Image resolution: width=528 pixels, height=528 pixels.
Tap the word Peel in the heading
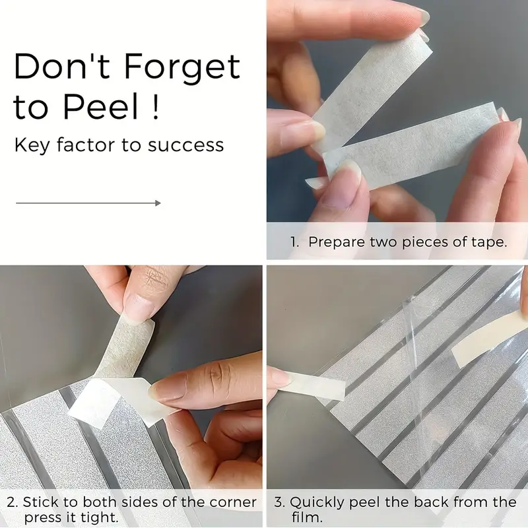click(101, 107)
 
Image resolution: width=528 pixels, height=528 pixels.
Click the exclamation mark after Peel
click(155, 107)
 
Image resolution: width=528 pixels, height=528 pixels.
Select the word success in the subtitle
click(186, 145)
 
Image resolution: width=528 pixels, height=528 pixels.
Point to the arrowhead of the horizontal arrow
click(158, 203)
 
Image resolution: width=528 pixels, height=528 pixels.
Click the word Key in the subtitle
click(32, 145)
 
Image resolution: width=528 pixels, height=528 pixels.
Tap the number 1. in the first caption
click(294, 242)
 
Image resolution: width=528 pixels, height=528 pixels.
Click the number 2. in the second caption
click(13, 502)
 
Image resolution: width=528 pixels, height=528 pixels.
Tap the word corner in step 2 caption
click(233, 502)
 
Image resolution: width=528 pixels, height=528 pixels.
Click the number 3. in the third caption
click(280, 502)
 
